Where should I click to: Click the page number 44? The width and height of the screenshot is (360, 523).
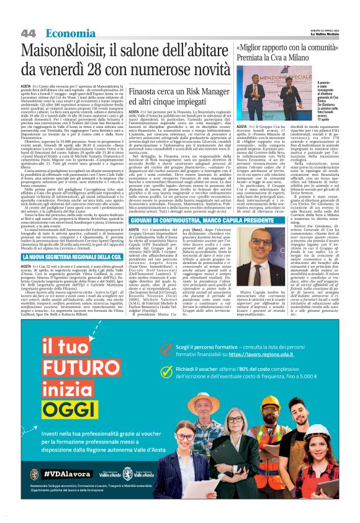tap(27, 32)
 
